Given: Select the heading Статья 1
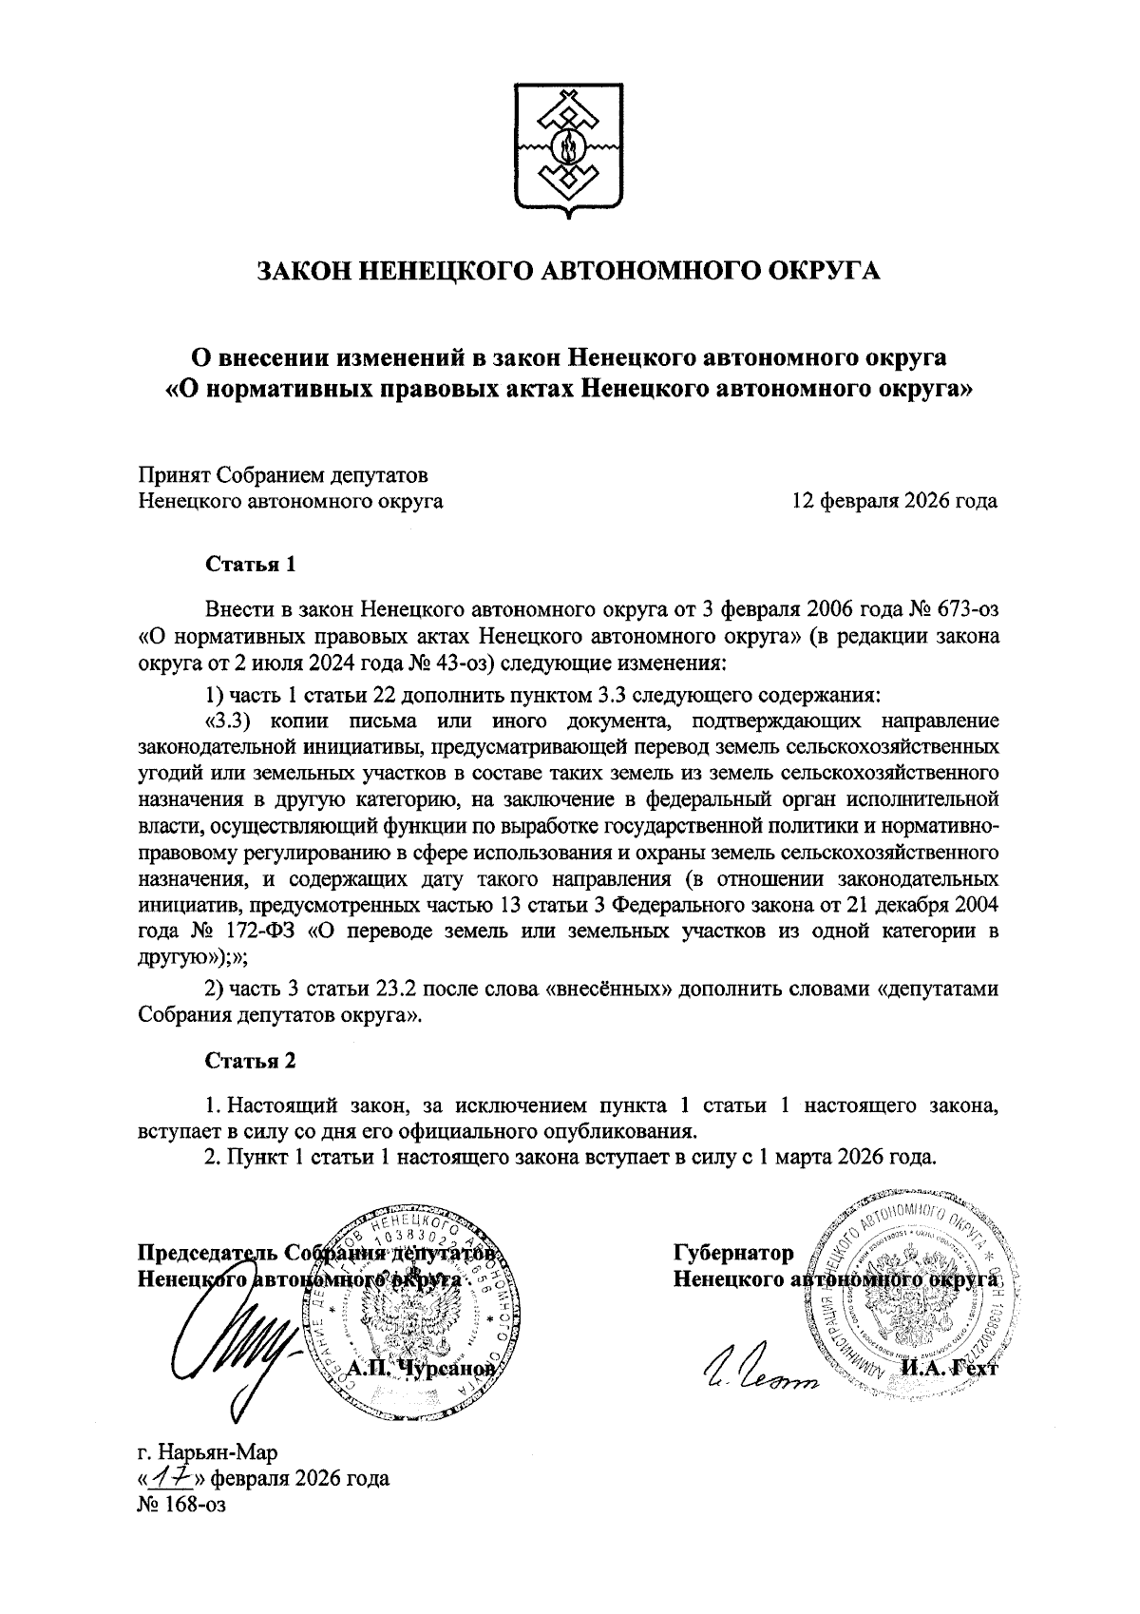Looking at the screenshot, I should click(x=252, y=564).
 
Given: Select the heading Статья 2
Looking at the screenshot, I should click(x=252, y=1060).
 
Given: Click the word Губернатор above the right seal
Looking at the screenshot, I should click(x=733, y=1254).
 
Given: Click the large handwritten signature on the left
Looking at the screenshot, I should click(x=233, y=1350).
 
